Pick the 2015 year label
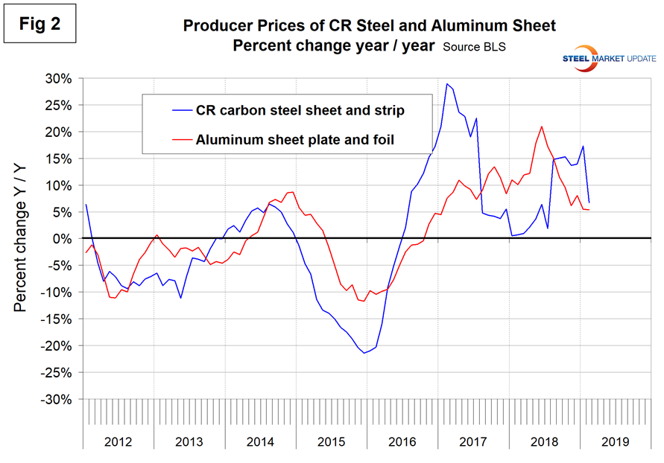[331, 441]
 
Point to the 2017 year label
[472, 441]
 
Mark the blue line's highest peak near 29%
[446, 83]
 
